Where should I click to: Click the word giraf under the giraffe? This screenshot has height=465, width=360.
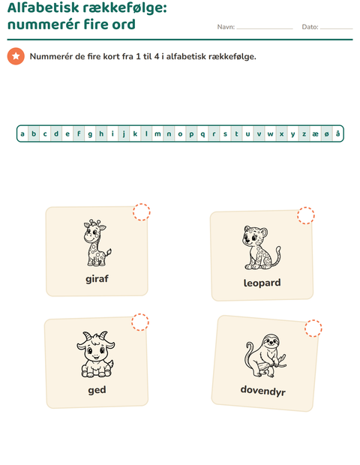pos(97,279)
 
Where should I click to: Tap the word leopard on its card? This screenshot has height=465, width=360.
pos(262,283)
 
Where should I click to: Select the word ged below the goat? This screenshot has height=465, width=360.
pos(97,390)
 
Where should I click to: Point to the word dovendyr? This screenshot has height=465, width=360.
pos(263,391)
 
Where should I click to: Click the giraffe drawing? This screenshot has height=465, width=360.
pos(96,242)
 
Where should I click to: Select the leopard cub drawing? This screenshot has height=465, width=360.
pos(262,247)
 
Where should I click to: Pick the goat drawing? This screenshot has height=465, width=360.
pos(96,355)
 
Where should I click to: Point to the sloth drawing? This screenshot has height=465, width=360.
pos(265,355)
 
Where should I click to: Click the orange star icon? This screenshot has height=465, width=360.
pos(16,56)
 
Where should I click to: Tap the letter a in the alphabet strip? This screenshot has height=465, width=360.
pos(22,134)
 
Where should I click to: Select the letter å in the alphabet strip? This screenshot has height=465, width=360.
pos(337,133)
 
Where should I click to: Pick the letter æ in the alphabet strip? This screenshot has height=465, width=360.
pos(315,134)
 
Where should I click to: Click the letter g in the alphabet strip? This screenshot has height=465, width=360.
pos(90,134)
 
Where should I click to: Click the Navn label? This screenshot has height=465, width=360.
pos(226,27)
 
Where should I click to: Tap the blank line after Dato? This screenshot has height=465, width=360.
pos(336,28)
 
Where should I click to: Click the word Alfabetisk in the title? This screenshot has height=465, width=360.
pos(43,7)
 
